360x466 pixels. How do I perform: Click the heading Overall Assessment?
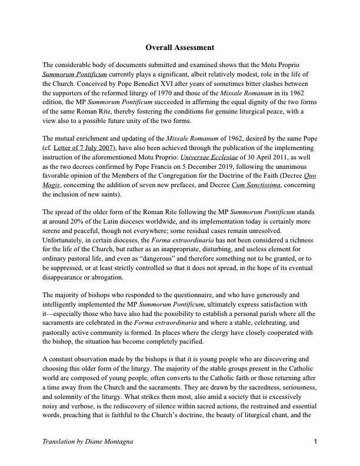point(180,47)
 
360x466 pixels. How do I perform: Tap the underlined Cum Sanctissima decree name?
point(280,185)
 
